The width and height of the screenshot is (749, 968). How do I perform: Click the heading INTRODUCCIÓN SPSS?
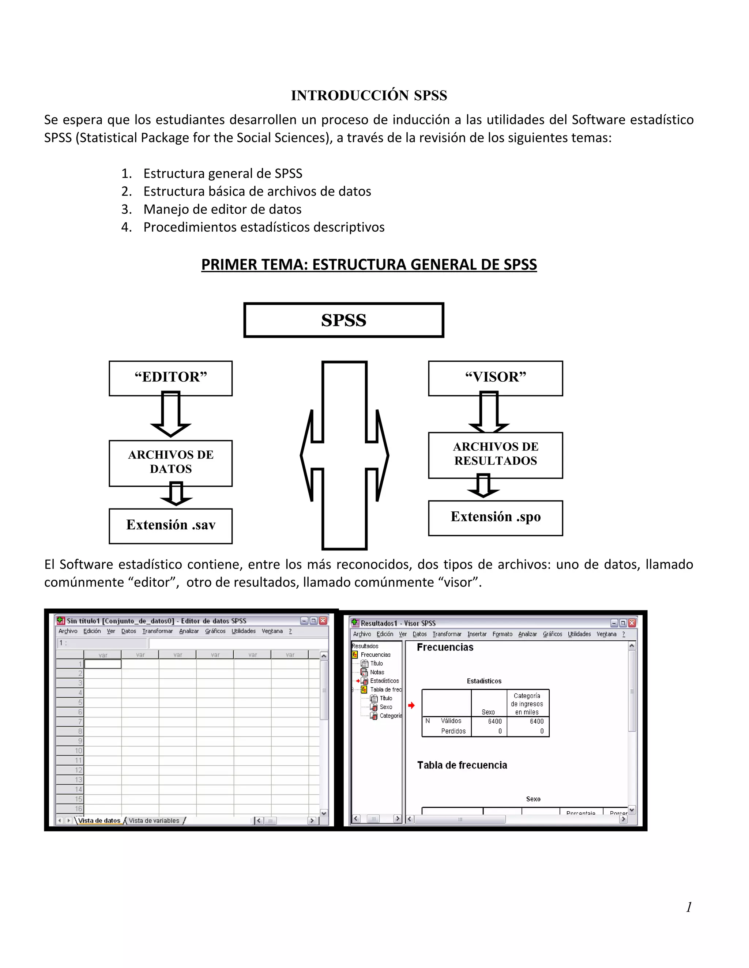pyautogui.click(x=369, y=95)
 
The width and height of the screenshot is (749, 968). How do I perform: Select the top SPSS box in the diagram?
pyautogui.click(x=343, y=320)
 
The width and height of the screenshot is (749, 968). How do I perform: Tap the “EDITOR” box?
pyautogui.click(x=170, y=378)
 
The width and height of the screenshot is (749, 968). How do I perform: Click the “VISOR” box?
pyautogui.click(x=495, y=378)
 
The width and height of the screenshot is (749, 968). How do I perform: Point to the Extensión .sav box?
pyautogui.click(x=170, y=525)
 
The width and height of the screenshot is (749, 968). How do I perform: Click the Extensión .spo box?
pyautogui.click(x=495, y=517)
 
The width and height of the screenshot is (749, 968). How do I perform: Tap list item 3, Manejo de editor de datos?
pyautogui.click(x=222, y=209)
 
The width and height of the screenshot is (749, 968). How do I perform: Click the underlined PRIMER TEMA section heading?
pyautogui.click(x=369, y=264)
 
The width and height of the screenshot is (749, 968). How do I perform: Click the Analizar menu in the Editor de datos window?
pyautogui.click(x=189, y=631)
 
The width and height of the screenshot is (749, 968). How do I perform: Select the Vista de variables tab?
pyautogui.click(x=154, y=820)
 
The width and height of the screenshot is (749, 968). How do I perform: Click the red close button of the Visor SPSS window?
pyautogui.click(x=632, y=623)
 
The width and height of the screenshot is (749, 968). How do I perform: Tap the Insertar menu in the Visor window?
pyautogui.click(x=477, y=634)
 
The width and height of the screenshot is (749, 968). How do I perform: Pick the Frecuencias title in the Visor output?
pyautogui.click(x=445, y=648)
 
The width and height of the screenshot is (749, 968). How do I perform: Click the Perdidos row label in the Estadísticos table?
pyautogui.click(x=453, y=731)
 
